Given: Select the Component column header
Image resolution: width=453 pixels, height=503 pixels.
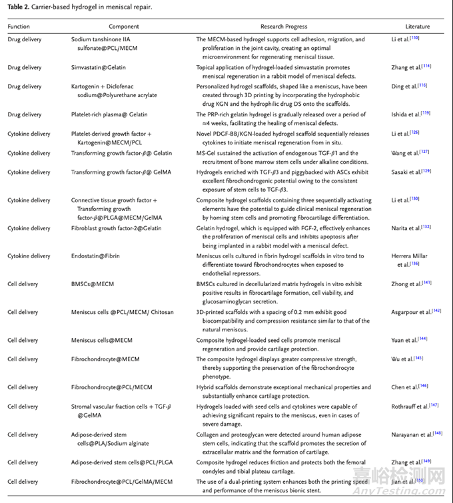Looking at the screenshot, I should click(x=124, y=27).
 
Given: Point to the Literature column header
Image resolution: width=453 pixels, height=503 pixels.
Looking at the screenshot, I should click(x=417, y=27).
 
